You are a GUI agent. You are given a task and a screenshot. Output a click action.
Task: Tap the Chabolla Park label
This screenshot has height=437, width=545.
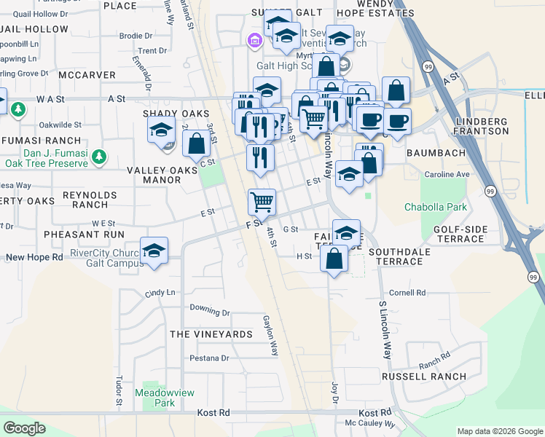[436, 208]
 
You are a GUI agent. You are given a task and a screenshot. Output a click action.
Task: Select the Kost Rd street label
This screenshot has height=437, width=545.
[213, 412]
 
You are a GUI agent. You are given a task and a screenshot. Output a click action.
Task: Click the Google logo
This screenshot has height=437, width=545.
[24, 428]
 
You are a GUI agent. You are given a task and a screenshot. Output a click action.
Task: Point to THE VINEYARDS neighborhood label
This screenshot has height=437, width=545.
[211, 334]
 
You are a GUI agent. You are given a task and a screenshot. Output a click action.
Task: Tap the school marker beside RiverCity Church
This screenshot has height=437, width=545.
[154, 251]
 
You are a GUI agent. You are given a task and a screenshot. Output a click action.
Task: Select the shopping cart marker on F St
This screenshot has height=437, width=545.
[262, 202]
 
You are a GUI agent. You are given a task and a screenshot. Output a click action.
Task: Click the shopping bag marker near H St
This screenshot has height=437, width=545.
[334, 259]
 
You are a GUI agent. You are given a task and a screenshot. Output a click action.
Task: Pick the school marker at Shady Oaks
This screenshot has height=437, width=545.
[160, 132]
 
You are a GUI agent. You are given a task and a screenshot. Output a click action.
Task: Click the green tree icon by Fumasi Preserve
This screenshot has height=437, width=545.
[100, 157]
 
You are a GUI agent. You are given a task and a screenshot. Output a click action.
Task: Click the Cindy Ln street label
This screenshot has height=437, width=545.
[160, 293]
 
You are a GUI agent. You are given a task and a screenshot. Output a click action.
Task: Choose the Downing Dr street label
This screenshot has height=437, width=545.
[210, 310]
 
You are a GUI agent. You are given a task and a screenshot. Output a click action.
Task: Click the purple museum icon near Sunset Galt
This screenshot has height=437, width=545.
[254, 41]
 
